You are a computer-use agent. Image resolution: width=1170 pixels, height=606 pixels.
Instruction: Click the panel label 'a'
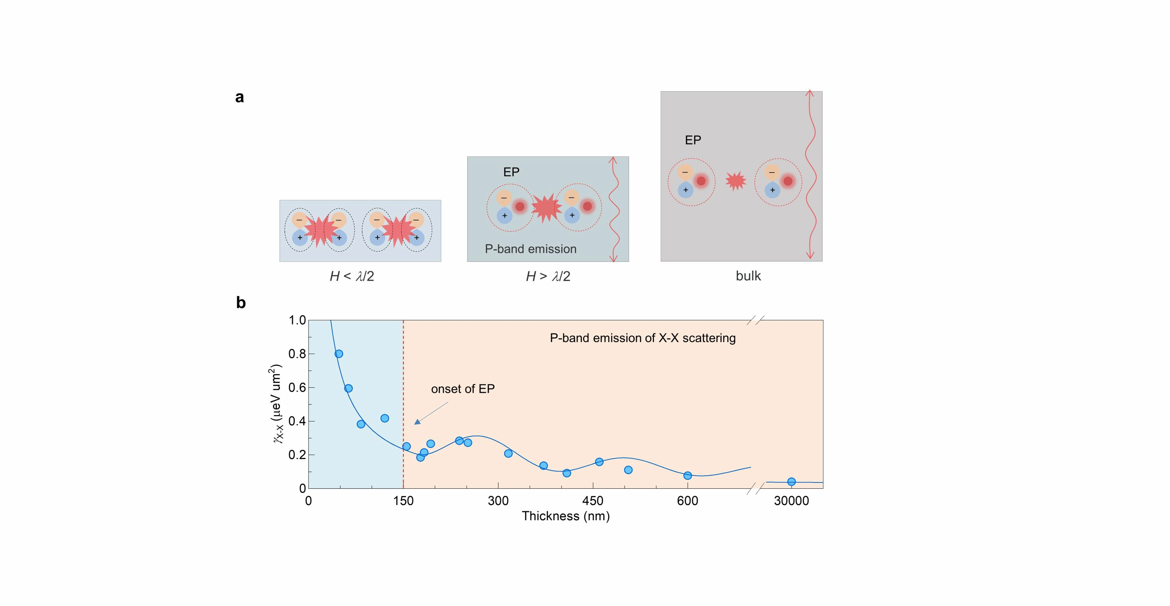click(239, 97)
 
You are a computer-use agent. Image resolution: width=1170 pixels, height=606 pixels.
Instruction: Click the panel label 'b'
click(241, 303)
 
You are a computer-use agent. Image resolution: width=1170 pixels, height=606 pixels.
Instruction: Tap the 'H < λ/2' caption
click(351, 276)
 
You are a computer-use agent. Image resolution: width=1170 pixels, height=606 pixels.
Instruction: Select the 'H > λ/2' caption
click(548, 276)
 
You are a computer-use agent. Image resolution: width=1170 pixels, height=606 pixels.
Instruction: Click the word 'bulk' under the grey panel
click(748, 276)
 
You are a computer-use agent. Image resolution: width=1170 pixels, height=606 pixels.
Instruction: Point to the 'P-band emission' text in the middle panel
click(530, 249)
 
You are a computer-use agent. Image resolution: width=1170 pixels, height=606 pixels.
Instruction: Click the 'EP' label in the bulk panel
click(693, 140)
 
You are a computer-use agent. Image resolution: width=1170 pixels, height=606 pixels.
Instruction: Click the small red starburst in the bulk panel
click(735, 181)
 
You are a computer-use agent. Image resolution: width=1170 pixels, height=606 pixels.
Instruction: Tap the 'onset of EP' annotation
click(463, 389)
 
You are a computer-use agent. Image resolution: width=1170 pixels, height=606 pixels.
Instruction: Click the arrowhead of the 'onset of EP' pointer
click(417, 422)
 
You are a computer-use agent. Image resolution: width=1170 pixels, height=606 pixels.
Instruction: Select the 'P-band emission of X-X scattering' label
click(642, 338)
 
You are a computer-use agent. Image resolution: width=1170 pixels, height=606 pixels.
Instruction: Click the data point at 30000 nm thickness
click(791, 482)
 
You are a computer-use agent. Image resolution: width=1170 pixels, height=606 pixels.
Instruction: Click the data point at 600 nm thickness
click(688, 476)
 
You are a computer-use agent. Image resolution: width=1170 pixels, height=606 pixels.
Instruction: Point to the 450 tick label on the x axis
click(593, 501)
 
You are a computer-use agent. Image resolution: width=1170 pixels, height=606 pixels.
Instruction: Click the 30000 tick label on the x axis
click(791, 501)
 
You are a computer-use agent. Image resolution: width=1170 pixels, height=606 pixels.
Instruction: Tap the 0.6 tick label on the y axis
click(297, 388)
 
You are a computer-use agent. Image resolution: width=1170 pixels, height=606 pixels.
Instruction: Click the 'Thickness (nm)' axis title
click(565, 516)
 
